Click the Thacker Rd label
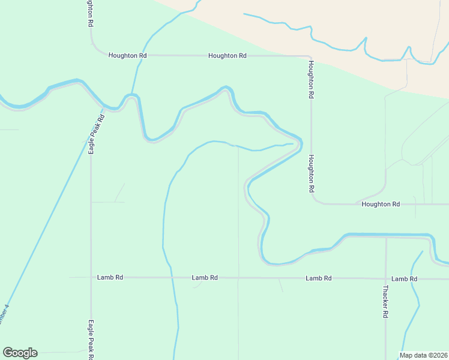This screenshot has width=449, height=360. [385, 301]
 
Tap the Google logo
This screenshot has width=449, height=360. [20, 353]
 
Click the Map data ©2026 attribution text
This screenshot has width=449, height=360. [424, 355]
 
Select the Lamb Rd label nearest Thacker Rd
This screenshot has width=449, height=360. [404, 279]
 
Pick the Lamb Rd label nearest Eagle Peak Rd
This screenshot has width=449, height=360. [110, 278]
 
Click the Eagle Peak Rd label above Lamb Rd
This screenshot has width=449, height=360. [93, 134]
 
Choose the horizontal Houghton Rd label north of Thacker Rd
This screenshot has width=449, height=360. [381, 205]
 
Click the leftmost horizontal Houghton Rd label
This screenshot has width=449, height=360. [127, 55]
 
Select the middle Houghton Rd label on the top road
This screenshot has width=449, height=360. [227, 56]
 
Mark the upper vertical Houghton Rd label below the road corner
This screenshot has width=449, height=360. [311, 79]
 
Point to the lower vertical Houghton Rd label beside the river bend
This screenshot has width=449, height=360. [312, 173]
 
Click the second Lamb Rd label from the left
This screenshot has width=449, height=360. [205, 278]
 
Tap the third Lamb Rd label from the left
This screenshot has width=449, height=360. [318, 278]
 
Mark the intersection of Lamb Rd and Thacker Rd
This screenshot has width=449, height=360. [386, 279]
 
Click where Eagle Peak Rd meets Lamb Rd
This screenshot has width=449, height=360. [91, 278]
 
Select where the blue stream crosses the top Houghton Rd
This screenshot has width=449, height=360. [140, 55]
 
